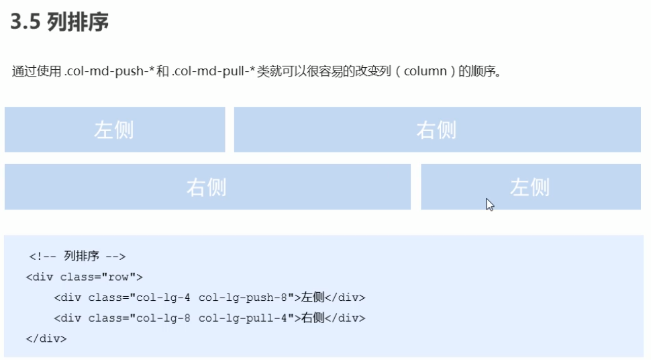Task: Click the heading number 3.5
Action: (26, 22)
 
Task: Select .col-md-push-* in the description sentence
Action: (102, 71)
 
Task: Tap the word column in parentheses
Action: (425, 71)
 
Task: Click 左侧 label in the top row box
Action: (114, 130)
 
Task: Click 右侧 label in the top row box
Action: (436, 130)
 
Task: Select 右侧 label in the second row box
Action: (207, 187)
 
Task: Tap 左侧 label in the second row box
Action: (530, 187)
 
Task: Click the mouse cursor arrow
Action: (489, 204)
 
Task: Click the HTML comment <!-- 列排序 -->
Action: (77, 256)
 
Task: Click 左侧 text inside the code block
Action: (313, 298)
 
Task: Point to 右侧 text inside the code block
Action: (313, 318)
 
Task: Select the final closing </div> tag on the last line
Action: (46, 339)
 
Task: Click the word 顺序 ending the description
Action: (488, 71)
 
